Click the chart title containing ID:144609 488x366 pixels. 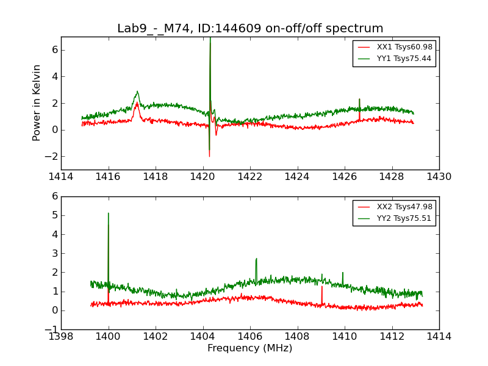pos(250,29)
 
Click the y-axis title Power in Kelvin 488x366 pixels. pos(37,102)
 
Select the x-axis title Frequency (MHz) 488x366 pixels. pos(250,348)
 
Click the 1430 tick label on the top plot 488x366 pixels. pos(439,177)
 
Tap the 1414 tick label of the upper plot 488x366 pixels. pos(61,177)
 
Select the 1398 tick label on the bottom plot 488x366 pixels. pos(61,337)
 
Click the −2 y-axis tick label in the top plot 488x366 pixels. pos(50,157)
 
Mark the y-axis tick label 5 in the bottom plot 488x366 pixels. pos(55,215)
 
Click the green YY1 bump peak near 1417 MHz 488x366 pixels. pos(137,92)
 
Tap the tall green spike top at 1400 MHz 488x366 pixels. pos(109,213)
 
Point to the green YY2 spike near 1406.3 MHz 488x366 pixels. pos(256,259)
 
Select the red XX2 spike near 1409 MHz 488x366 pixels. pos(321,287)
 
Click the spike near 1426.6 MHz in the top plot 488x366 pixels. pos(359,99)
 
